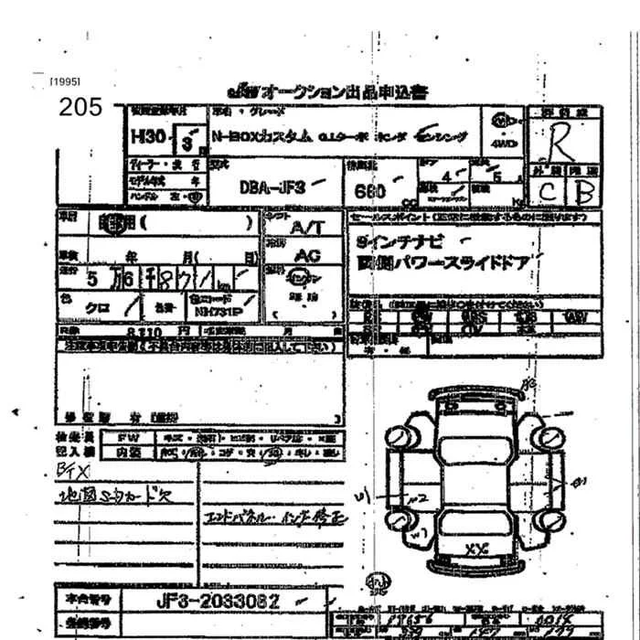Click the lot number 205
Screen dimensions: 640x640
coord(80,107)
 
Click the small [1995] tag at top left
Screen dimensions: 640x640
coord(66,82)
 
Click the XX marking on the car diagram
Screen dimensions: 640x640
coord(474,549)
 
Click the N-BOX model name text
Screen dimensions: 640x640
coord(261,136)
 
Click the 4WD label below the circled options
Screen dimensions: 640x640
coord(502,144)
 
